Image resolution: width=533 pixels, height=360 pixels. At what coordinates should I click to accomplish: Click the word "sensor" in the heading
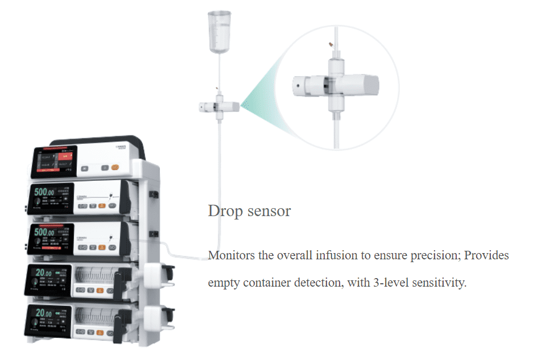(267, 212)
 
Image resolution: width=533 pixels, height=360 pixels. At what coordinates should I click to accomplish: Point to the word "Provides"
(487, 255)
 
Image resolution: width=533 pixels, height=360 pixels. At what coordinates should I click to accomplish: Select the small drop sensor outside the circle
(218, 106)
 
